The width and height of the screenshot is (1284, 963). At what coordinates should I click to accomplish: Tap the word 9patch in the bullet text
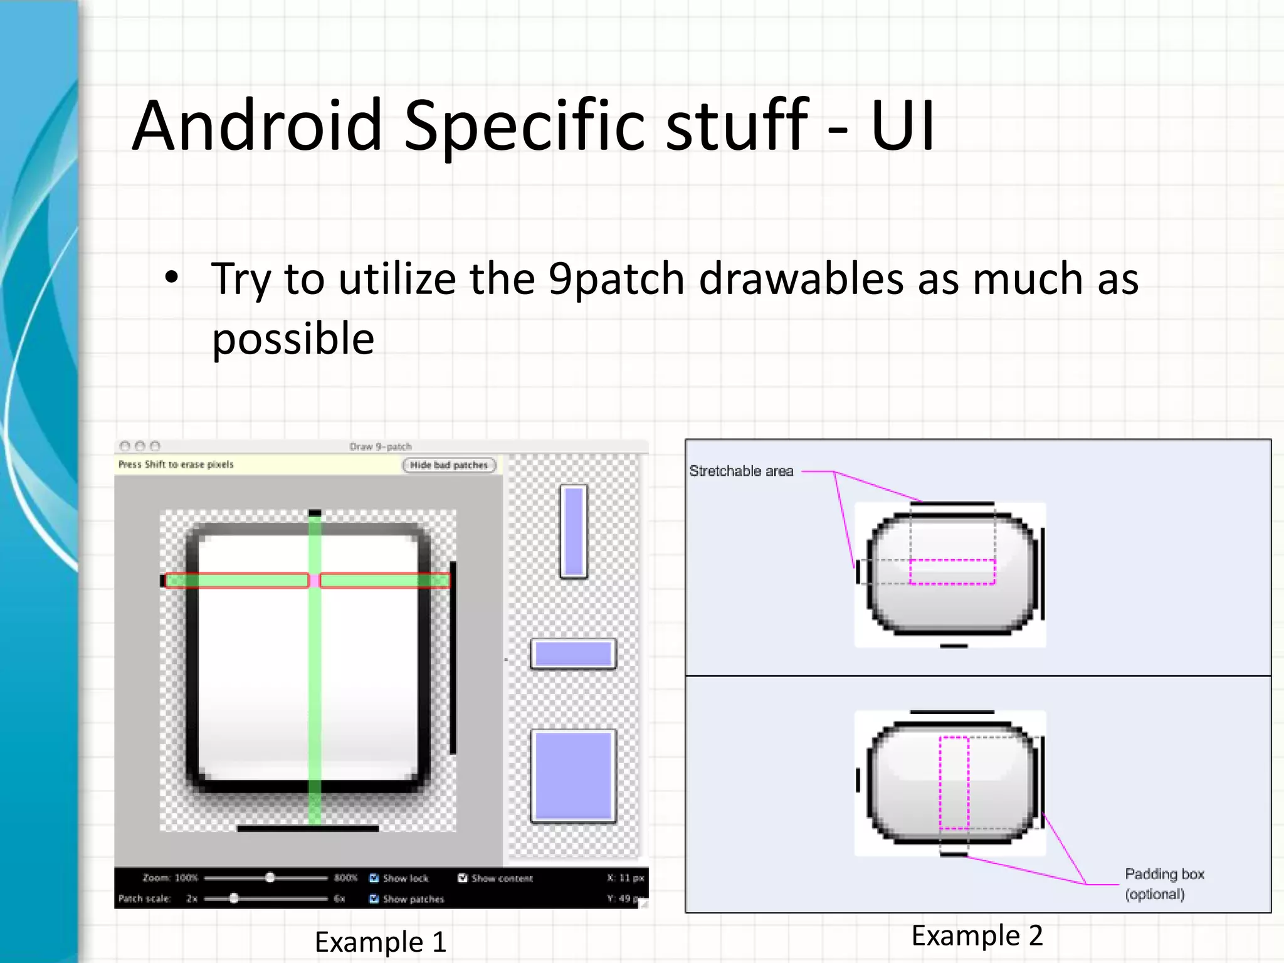(616, 280)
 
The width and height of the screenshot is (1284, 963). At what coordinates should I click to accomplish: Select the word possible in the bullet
(293, 339)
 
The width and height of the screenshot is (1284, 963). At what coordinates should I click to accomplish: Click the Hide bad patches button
(449, 465)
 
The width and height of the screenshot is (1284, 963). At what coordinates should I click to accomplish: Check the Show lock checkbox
(374, 878)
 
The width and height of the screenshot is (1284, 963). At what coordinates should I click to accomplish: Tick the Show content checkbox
(463, 878)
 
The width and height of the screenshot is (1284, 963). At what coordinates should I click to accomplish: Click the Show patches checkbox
(374, 898)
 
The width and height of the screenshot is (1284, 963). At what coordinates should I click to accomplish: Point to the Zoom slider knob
(270, 877)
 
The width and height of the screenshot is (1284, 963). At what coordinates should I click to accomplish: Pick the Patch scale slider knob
(234, 898)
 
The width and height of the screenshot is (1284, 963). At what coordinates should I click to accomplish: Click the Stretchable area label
(741, 471)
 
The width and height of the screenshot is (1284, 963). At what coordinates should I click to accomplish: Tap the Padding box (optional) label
(1164, 883)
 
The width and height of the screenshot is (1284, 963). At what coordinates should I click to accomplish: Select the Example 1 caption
(381, 942)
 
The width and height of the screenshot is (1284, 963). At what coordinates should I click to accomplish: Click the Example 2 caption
(977, 935)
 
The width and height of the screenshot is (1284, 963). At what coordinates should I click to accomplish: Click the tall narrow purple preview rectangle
(574, 531)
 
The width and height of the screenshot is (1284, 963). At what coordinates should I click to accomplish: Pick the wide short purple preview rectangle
(573, 654)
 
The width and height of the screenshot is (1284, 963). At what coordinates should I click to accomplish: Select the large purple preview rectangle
(573, 776)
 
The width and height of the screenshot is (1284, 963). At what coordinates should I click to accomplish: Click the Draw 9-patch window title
(381, 446)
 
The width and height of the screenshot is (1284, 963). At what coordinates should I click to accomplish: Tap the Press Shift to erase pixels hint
(176, 465)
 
